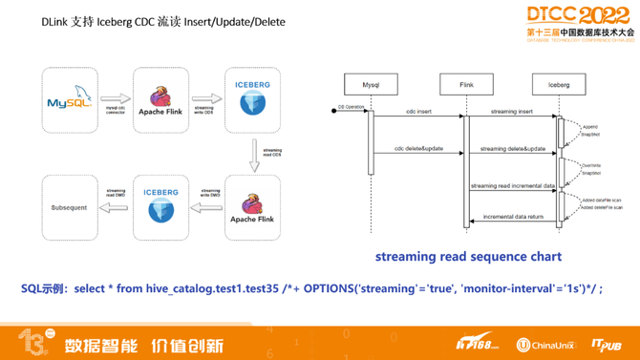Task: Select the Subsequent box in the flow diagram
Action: click(69, 207)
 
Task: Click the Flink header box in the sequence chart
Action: click(466, 84)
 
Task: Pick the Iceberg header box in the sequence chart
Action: click(559, 84)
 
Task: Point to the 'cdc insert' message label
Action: click(417, 112)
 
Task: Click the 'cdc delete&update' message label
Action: click(417, 149)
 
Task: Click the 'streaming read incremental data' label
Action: click(512, 185)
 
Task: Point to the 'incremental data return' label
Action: click(513, 217)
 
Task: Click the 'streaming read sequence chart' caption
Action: click(468, 256)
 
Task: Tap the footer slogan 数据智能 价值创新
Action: click(143, 345)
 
